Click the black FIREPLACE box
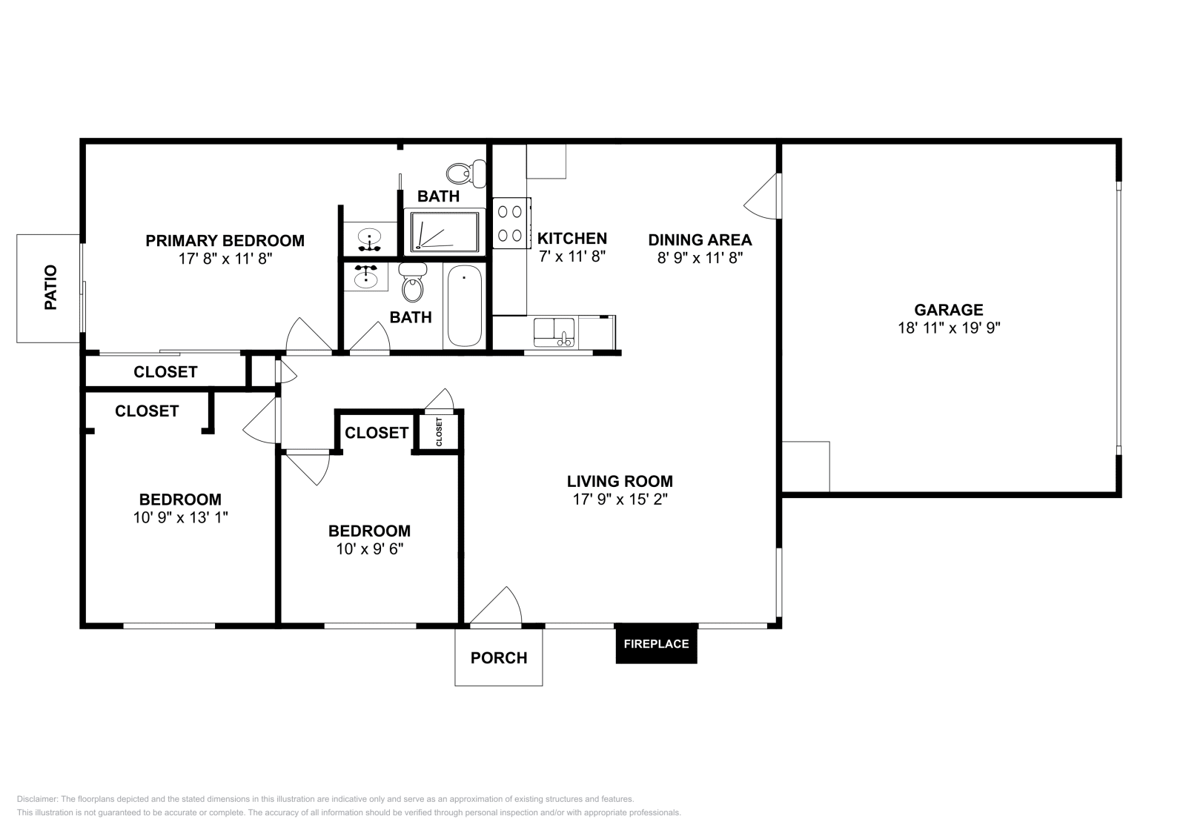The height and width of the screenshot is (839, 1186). coord(656,644)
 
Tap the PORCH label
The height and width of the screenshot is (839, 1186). coord(499,657)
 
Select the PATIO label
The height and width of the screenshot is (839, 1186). coord(50,288)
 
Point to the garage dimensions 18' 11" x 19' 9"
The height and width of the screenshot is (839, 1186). coord(949,328)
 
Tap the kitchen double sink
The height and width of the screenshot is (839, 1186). coord(554,331)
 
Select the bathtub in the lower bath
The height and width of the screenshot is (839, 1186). coord(464,305)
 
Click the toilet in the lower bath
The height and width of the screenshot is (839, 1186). coord(412,283)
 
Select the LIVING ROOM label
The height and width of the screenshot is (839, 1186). coord(620,481)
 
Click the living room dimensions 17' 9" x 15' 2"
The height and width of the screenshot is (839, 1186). coord(620,500)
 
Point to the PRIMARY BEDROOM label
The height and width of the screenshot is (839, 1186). coord(225,240)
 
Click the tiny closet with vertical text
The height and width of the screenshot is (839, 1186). coord(439,432)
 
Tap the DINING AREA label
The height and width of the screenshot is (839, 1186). coord(700,239)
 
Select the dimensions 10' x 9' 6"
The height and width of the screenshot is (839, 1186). coord(369,549)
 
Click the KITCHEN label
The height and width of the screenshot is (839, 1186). coord(572,239)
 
